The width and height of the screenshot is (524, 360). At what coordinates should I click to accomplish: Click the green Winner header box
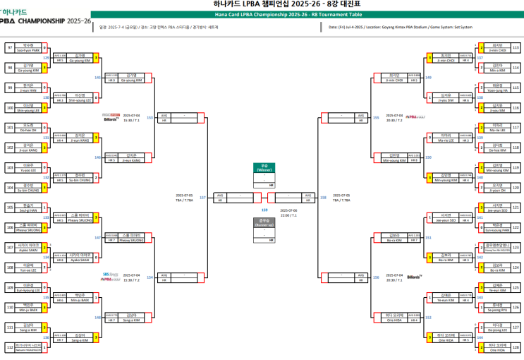click(265, 167)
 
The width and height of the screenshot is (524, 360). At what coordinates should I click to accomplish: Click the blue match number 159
click(264, 210)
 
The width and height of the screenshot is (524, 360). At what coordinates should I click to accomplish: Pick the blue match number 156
click(376, 277)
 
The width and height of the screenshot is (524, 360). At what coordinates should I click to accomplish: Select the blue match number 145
click(97, 78)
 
